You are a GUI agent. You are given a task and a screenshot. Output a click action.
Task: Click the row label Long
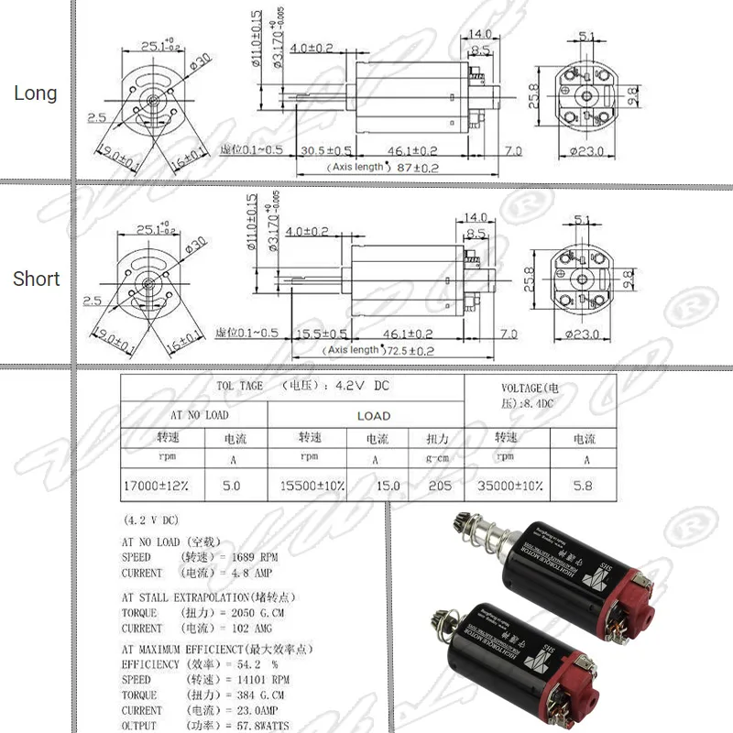click(x=35, y=93)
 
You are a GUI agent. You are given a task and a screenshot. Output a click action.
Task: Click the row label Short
click(x=36, y=279)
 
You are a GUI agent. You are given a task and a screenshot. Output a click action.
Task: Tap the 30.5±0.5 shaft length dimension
click(x=326, y=150)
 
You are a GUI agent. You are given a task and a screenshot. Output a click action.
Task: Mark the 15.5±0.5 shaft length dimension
click(x=321, y=334)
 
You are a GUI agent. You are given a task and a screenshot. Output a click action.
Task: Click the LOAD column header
click(x=373, y=415)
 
